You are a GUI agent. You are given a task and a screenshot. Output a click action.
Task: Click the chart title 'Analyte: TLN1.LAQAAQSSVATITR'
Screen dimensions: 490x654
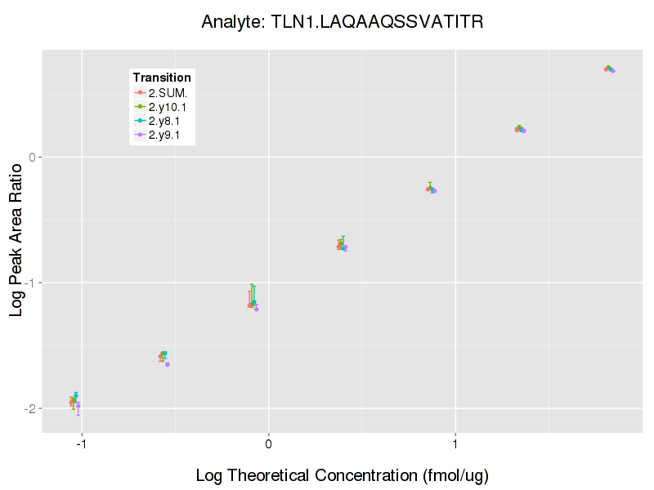click(x=343, y=22)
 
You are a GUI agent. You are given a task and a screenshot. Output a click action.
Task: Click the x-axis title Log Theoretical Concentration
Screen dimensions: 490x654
click(x=343, y=475)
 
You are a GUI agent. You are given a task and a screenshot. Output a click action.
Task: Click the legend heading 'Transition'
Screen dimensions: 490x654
click(x=162, y=78)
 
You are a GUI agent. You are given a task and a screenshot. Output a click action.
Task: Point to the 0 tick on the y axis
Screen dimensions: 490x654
click(x=34, y=157)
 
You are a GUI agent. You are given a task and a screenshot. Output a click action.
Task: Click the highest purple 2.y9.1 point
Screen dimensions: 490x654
click(x=612, y=71)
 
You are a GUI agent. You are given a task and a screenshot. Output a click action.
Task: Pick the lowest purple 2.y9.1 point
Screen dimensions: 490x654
click(x=78, y=405)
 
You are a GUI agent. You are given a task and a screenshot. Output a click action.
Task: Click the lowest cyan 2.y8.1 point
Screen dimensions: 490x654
click(x=75, y=395)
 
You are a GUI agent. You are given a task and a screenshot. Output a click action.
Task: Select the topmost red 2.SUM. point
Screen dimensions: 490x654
click(x=606, y=69)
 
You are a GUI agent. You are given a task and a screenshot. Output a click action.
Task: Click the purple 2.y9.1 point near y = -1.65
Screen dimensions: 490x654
click(x=167, y=364)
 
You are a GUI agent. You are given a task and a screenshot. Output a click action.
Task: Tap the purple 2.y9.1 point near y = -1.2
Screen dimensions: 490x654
click(x=257, y=309)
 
